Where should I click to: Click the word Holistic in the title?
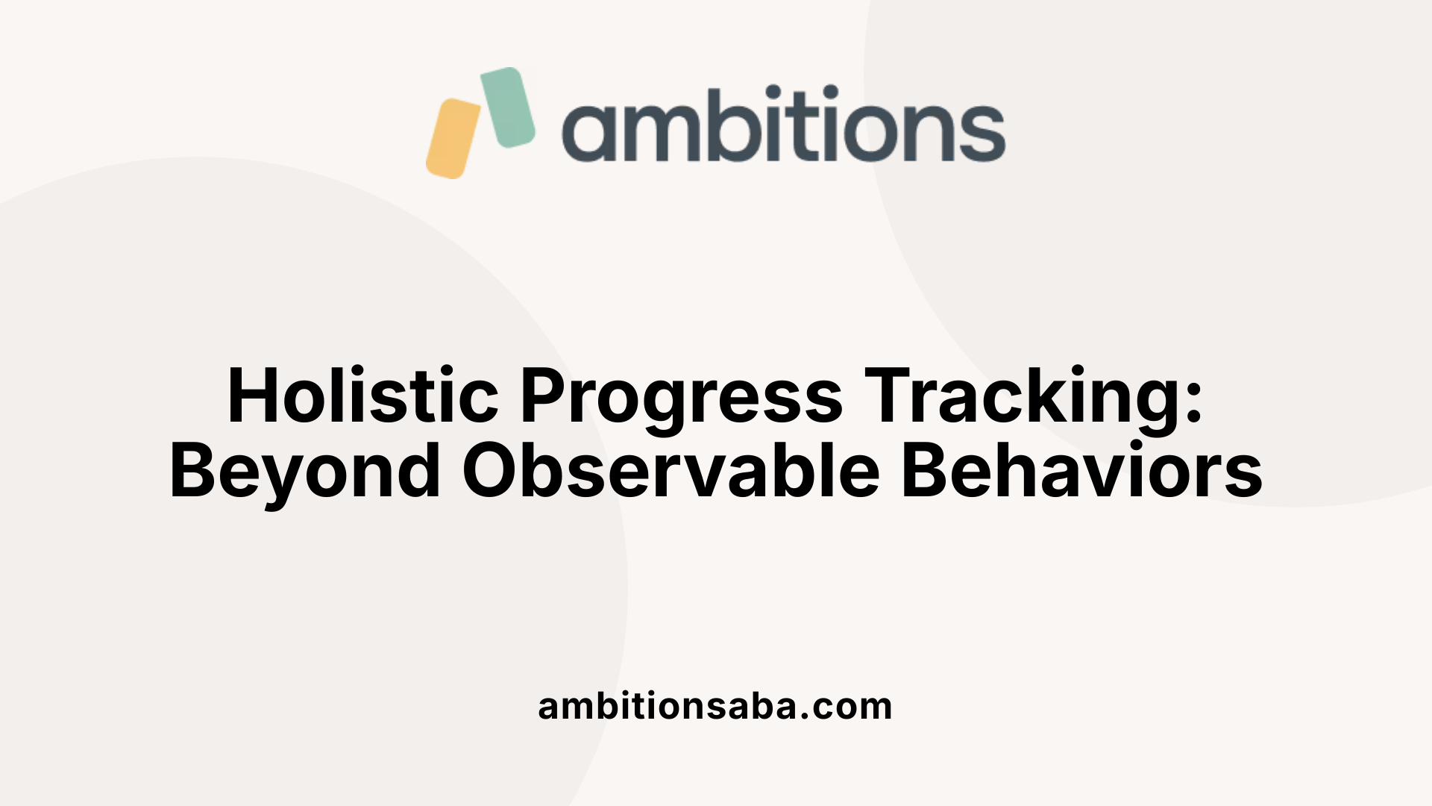[x=362, y=396]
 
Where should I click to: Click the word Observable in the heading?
[x=671, y=470]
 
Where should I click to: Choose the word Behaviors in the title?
[x=1081, y=470]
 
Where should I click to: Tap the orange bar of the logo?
[x=453, y=139]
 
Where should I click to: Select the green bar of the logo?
[x=508, y=107]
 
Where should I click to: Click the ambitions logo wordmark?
[x=783, y=125]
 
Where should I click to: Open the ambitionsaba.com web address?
[x=715, y=706]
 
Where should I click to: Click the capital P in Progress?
[x=544, y=396]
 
